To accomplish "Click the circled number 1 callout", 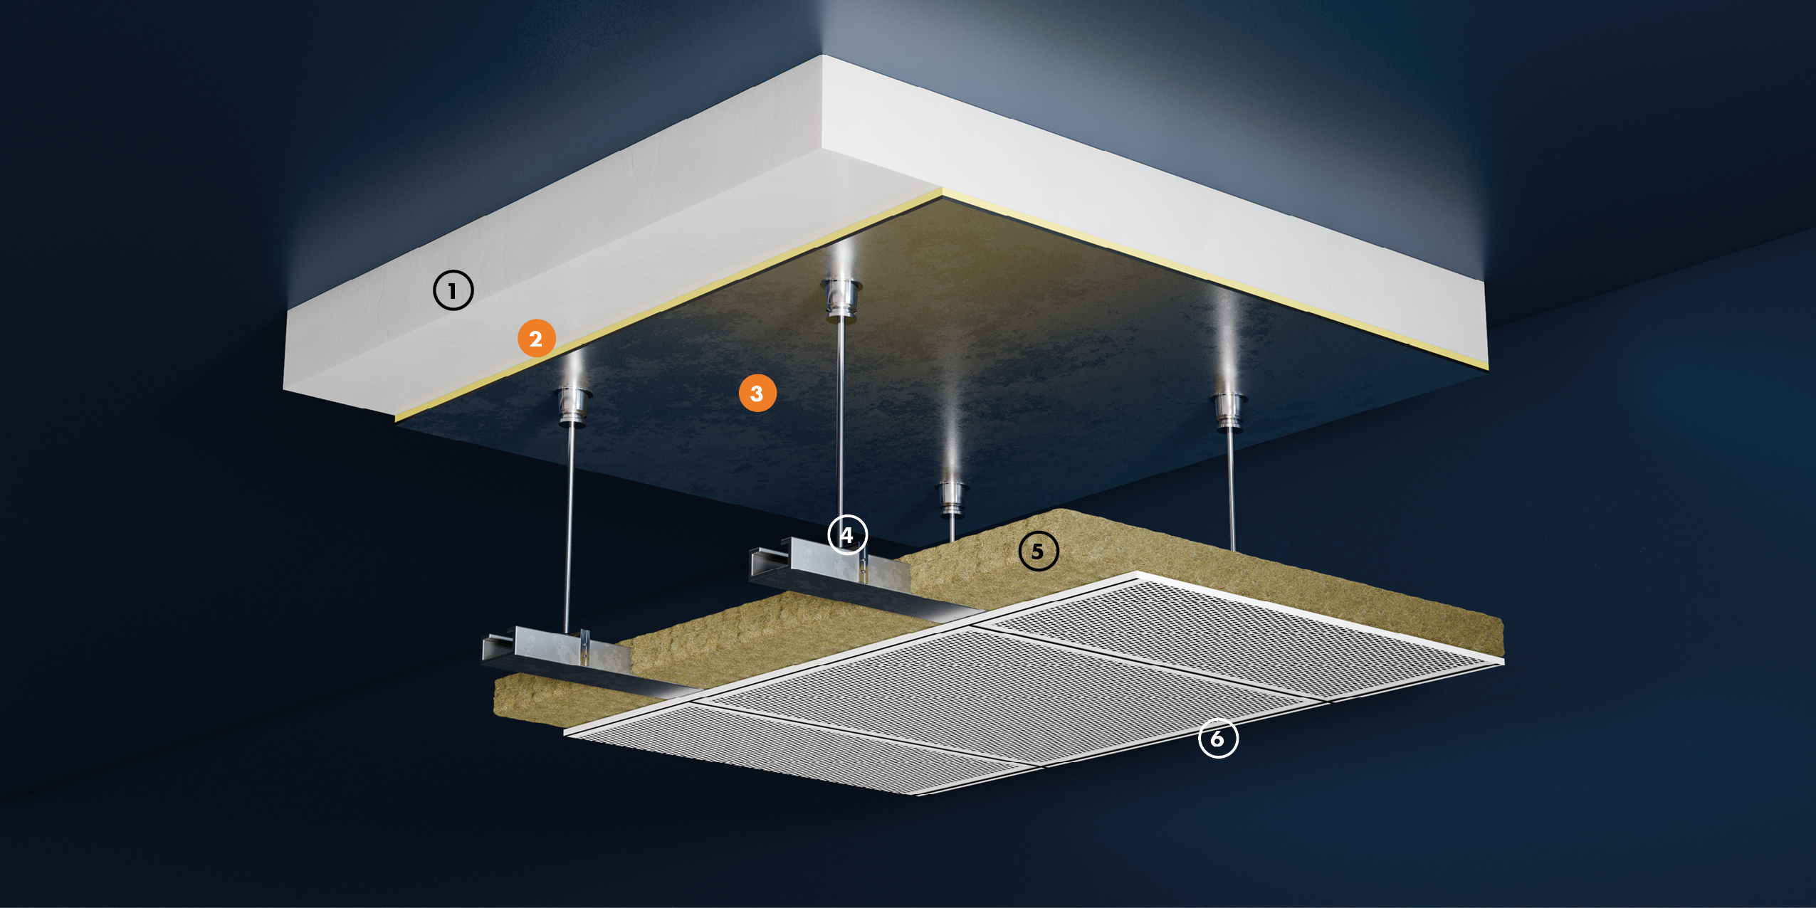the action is click(x=453, y=290).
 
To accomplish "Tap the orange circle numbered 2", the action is click(x=536, y=338).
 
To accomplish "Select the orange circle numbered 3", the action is click(x=757, y=393).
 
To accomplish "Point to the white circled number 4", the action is click(x=847, y=535).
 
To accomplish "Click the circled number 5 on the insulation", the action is click(x=1038, y=551).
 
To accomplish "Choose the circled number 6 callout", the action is click(x=1218, y=739).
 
